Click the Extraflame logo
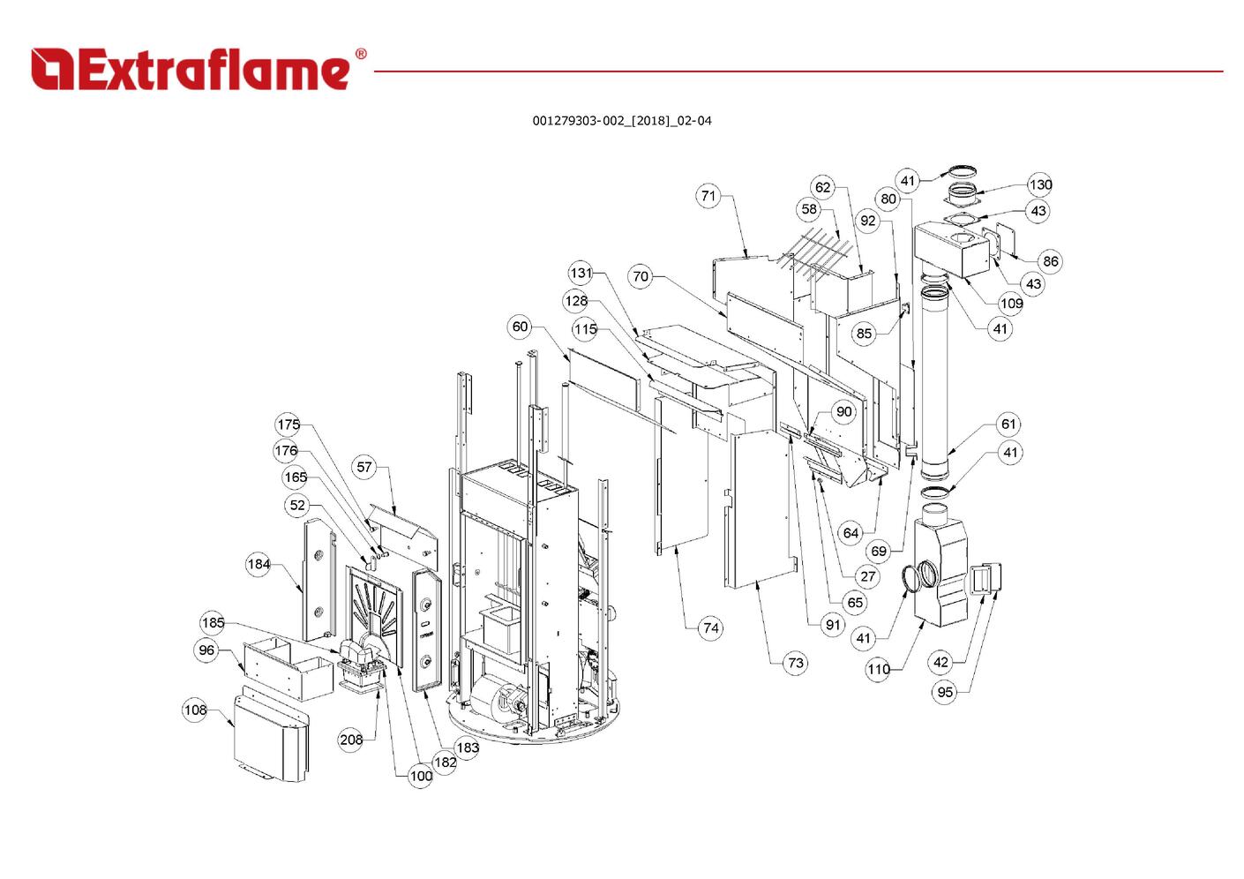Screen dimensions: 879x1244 [x=191, y=70]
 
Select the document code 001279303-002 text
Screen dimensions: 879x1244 [x=621, y=121]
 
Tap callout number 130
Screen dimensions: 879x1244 [x=1040, y=184]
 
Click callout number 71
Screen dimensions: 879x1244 [x=709, y=196]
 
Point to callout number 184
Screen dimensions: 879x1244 [x=259, y=564]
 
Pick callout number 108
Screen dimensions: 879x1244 [x=195, y=710]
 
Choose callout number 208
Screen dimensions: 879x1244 [x=351, y=740]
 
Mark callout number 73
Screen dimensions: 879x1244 [x=795, y=662]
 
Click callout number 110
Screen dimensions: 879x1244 [x=879, y=669]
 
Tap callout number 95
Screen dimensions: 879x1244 [x=945, y=692]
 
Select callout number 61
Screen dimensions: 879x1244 [x=1008, y=424]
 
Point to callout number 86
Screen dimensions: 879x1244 [x=1050, y=260]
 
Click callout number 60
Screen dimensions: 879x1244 [x=521, y=327]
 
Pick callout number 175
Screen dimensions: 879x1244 [x=289, y=424]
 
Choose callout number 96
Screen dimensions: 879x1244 [x=206, y=650]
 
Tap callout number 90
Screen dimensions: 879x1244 [x=844, y=411]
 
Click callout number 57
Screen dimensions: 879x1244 [x=365, y=467]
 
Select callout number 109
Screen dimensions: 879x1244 [x=1011, y=303]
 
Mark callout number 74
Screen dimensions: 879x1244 [x=710, y=628]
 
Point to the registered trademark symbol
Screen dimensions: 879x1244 [x=360, y=54]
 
